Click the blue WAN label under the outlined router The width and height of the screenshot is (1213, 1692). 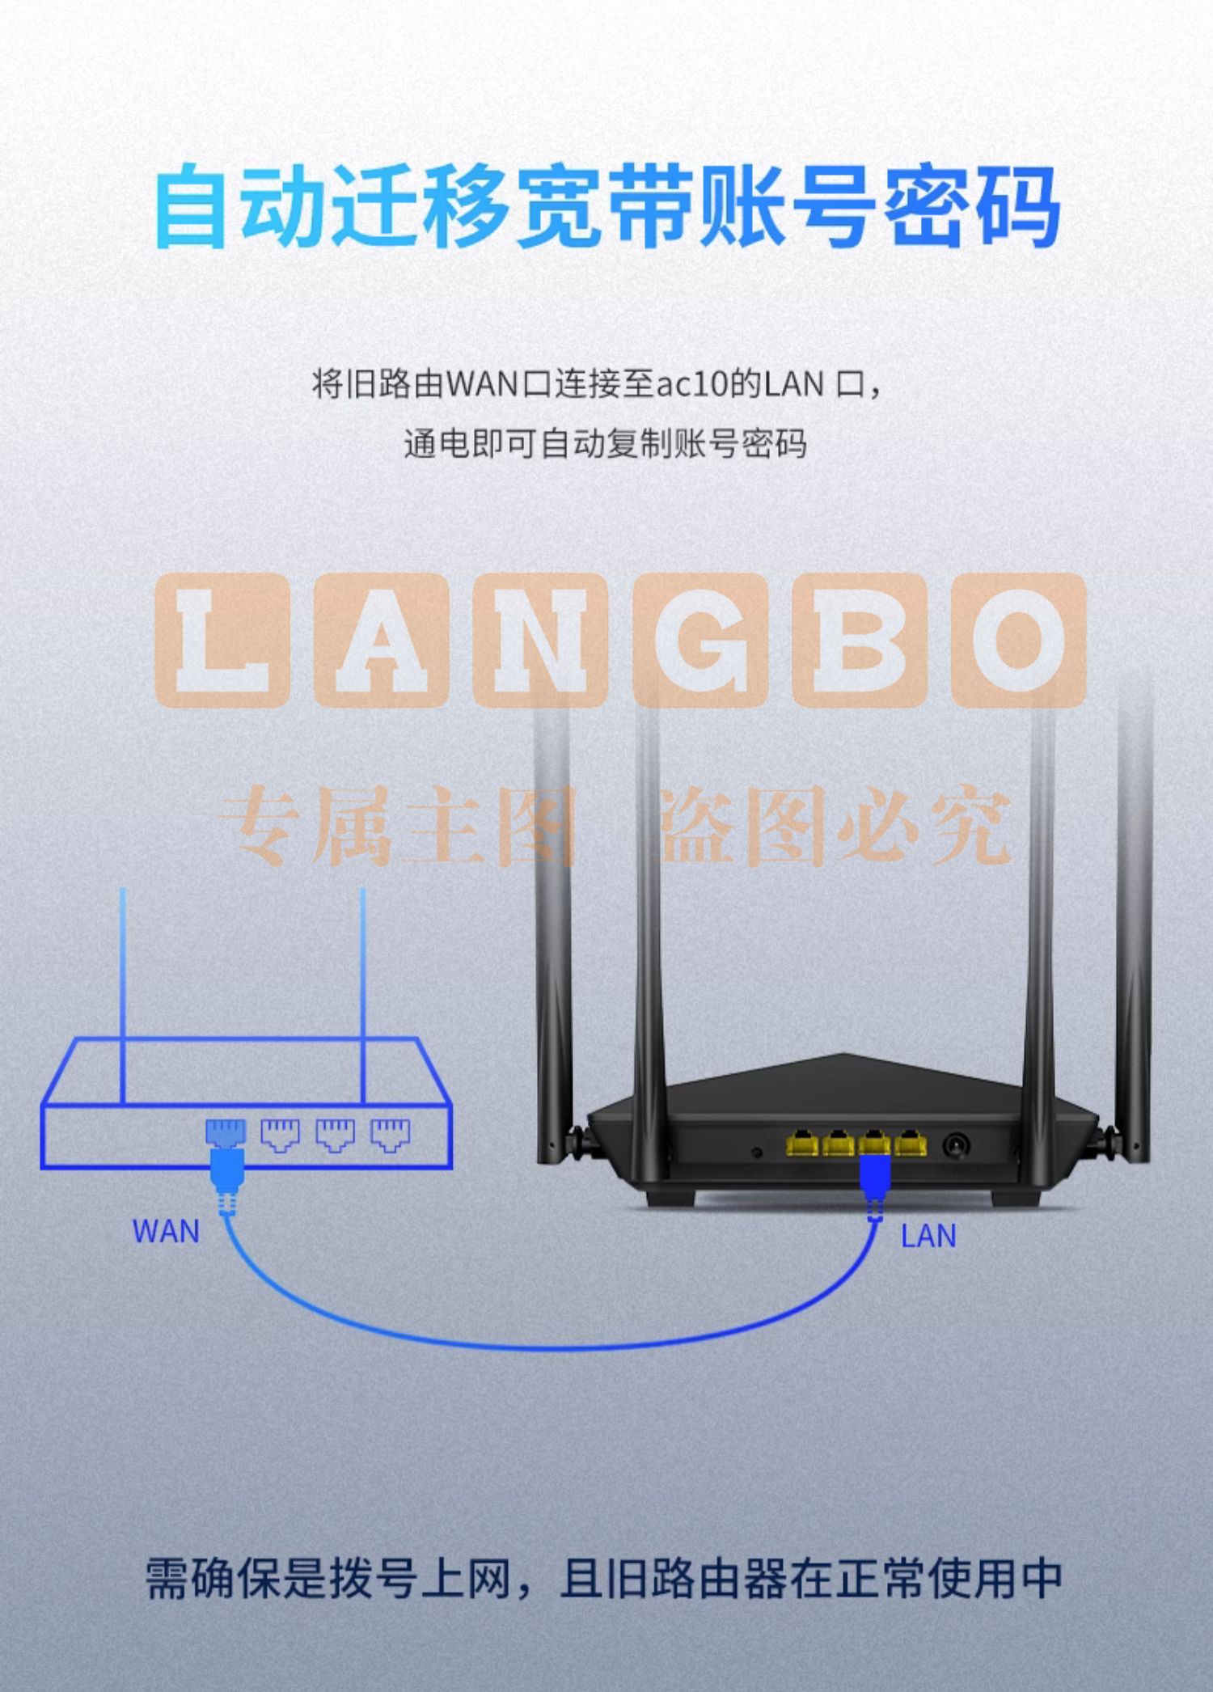pyautogui.click(x=166, y=1231)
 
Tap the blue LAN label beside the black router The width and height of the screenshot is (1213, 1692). pyautogui.click(x=928, y=1235)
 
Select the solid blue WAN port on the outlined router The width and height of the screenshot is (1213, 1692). pyautogui.click(x=226, y=1132)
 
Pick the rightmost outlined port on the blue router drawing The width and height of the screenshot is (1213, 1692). pyautogui.click(x=391, y=1134)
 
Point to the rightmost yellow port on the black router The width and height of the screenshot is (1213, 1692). pyautogui.click(x=911, y=1143)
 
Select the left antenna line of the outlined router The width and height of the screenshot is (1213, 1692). pyautogui.click(x=123, y=996)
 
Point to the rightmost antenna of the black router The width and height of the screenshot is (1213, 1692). pyautogui.click(x=1134, y=930)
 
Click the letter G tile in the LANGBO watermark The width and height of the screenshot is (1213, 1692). pyautogui.click(x=699, y=640)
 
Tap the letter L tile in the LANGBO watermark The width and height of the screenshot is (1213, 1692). pyautogui.click(x=221, y=640)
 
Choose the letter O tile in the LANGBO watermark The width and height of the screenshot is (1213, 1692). pyautogui.click(x=1018, y=640)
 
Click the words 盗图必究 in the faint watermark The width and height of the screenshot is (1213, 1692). pyautogui.click(x=836, y=826)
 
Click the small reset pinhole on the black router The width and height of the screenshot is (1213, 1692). pyautogui.click(x=757, y=1152)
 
